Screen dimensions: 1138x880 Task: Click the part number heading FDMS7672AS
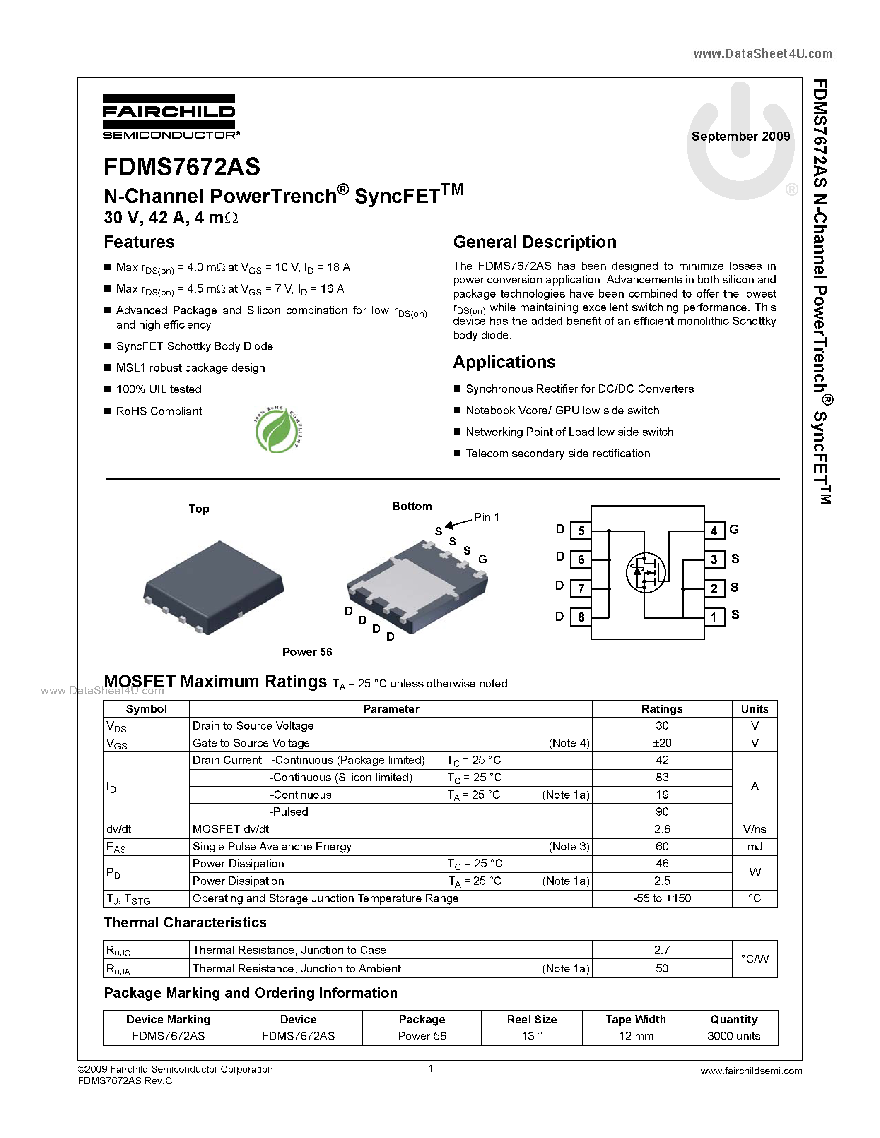(182, 167)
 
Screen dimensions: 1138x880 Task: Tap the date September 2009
(740, 137)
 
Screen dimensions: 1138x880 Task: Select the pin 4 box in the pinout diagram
(714, 531)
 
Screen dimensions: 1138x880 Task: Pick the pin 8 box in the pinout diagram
(581, 617)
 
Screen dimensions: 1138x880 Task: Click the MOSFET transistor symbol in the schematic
(646, 572)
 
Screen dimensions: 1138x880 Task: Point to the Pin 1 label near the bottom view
(487, 517)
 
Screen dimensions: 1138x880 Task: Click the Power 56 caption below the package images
(307, 652)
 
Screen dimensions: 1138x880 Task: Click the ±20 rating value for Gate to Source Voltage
(662, 743)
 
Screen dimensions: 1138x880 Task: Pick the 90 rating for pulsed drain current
(662, 812)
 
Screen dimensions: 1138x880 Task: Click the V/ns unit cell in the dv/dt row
(755, 829)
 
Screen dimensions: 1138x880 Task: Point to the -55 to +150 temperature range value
(662, 898)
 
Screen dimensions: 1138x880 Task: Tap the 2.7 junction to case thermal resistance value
(662, 950)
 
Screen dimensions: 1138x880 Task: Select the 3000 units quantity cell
(733, 1036)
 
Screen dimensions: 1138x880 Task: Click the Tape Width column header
(636, 1019)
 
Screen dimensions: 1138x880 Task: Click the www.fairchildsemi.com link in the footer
(751, 1071)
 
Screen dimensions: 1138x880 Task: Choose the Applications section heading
(504, 362)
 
